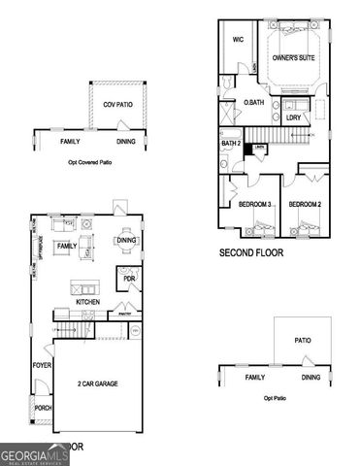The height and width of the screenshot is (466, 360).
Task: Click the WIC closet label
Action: (x=238, y=40)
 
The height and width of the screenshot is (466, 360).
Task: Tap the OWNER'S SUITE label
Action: (x=292, y=59)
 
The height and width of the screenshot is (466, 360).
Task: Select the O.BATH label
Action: (x=254, y=102)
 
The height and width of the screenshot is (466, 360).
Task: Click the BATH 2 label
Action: (x=231, y=145)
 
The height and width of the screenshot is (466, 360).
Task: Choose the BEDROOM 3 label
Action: (x=255, y=205)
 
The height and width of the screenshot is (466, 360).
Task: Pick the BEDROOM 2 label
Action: (x=305, y=205)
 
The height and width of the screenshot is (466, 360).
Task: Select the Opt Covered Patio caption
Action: (x=91, y=162)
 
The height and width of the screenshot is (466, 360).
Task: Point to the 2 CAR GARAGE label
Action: (x=98, y=384)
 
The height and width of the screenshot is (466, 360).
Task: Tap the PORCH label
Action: (x=42, y=408)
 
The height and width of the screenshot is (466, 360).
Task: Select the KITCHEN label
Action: (x=89, y=302)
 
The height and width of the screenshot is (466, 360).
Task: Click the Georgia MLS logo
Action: (x=34, y=453)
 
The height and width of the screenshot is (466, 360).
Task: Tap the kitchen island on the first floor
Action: (x=85, y=288)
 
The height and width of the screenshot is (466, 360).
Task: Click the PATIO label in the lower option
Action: (x=302, y=339)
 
